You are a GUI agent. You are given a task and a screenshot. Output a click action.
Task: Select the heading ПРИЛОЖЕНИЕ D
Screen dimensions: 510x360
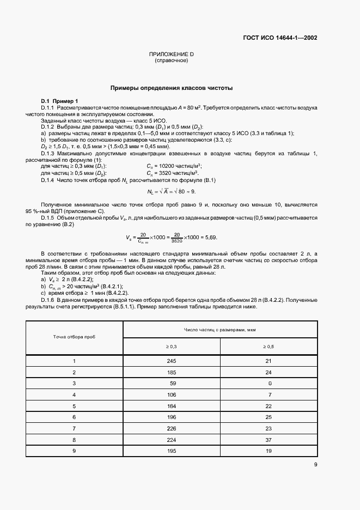pyautogui.click(x=172, y=54)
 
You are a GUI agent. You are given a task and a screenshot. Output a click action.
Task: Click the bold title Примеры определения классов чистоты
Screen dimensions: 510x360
pyautogui.click(x=172, y=87)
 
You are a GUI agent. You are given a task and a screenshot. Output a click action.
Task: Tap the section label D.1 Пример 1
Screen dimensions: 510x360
pyautogui.click(x=60, y=101)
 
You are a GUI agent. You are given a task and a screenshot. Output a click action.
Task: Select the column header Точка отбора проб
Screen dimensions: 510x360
pyautogui.click(x=74, y=338)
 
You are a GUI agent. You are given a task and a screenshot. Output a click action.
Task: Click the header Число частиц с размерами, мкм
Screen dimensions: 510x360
pyautogui.click(x=220, y=330)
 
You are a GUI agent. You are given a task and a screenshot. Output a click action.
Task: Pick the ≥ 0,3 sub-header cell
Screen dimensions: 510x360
pyautogui.click(x=172, y=346)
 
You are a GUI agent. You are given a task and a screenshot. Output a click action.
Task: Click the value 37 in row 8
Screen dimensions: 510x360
pyautogui.click(x=268, y=439)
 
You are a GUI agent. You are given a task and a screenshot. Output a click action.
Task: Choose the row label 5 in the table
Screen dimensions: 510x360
pyautogui.click(x=74, y=405)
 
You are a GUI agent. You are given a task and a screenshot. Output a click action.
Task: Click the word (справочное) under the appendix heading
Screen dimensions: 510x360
pyautogui.click(x=172, y=60)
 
